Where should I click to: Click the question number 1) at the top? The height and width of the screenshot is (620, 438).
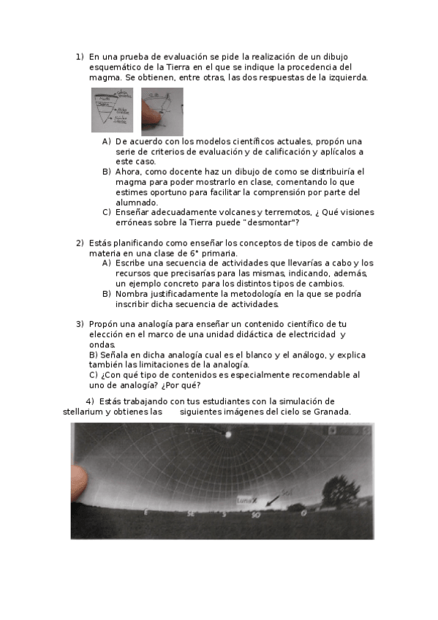(80, 56)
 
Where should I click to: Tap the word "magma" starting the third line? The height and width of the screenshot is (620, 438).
(104, 77)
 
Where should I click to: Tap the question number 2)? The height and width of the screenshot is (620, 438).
(80, 243)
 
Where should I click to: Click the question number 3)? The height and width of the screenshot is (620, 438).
(80, 323)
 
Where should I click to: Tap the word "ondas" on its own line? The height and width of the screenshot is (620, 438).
(102, 344)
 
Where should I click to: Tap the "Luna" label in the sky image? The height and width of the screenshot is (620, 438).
(243, 500)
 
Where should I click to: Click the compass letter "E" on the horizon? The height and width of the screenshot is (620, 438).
(145, 513)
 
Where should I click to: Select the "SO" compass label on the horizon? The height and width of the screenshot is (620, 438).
(255, 515)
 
